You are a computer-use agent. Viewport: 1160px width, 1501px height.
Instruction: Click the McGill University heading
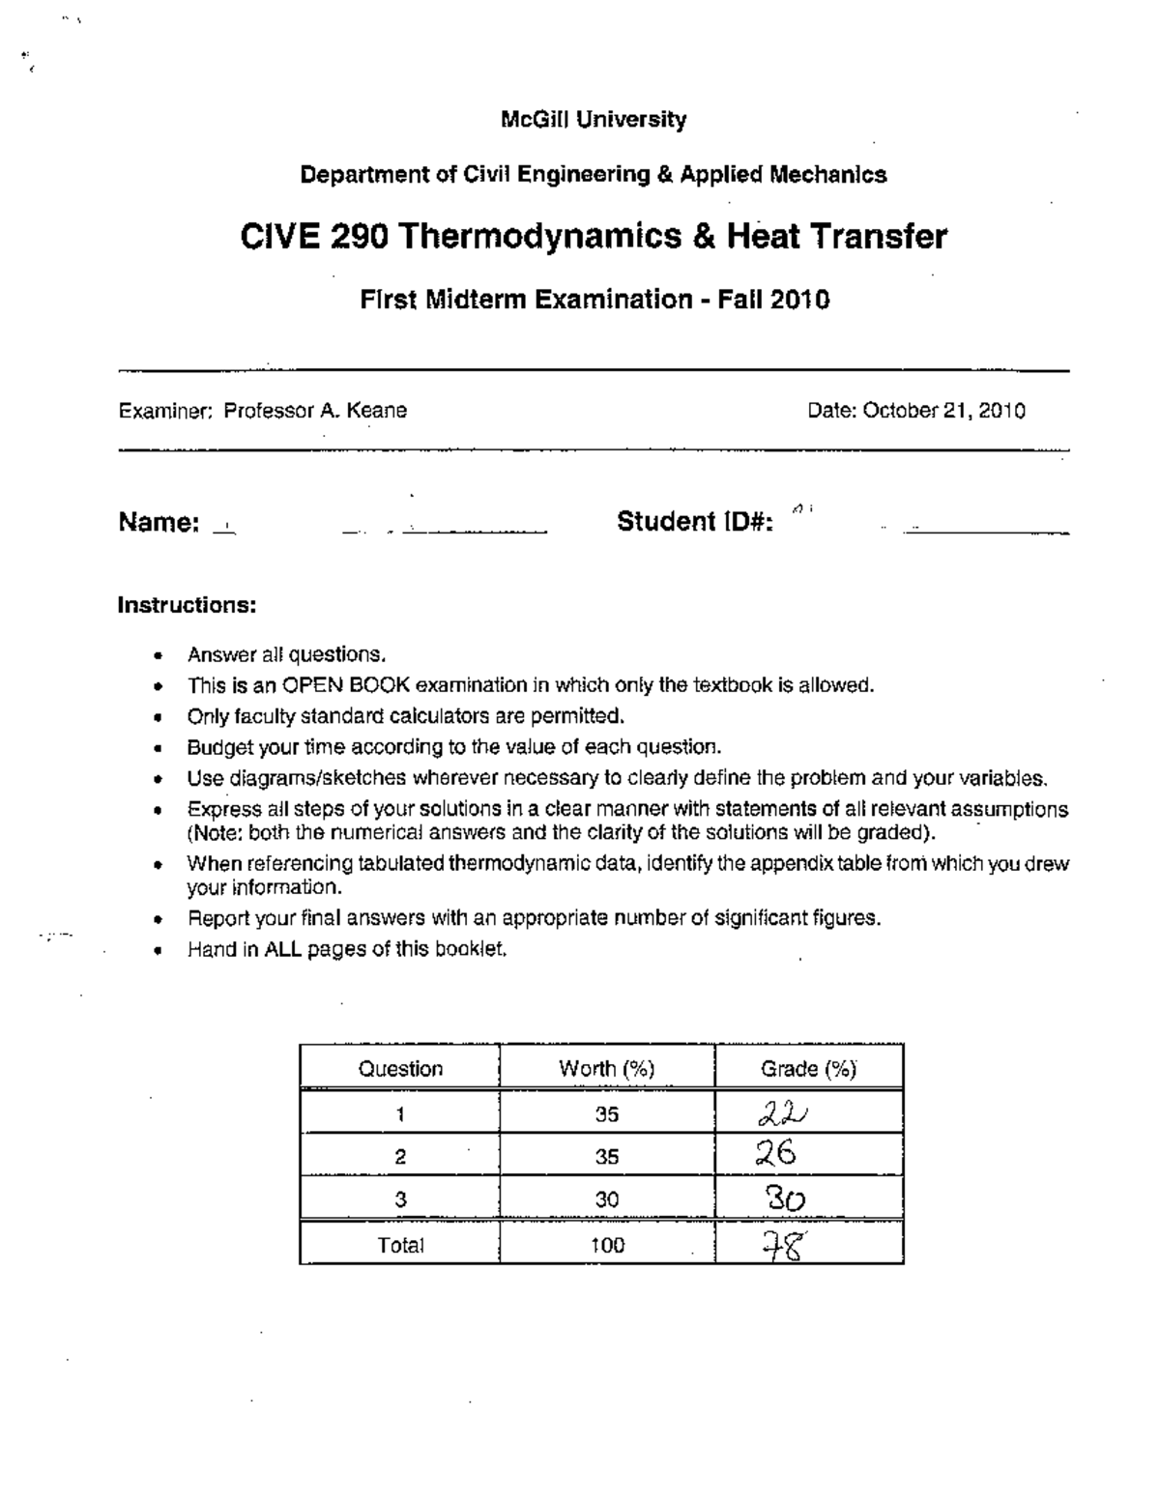pos(594,120)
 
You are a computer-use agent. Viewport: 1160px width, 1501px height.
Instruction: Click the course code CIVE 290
pos(314,236)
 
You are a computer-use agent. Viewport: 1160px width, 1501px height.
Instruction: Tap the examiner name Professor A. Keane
pos(315,411)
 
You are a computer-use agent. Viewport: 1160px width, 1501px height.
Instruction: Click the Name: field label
pos(159,523)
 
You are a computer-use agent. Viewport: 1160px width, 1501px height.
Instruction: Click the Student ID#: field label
pos(694,522)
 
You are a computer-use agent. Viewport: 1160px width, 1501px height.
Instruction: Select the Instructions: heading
pos(187,605)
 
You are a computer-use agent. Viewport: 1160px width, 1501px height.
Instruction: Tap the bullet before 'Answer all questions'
pos(157,655)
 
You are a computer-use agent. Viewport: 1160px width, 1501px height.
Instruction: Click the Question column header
pos(400,1069)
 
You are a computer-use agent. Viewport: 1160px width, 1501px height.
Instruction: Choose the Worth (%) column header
pos(606,1069)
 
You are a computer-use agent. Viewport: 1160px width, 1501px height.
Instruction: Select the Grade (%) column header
pos(808,1069)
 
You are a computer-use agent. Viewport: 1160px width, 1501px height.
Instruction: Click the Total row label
pos(400,1246)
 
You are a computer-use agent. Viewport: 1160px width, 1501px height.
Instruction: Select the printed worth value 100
pos(607,1246)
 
